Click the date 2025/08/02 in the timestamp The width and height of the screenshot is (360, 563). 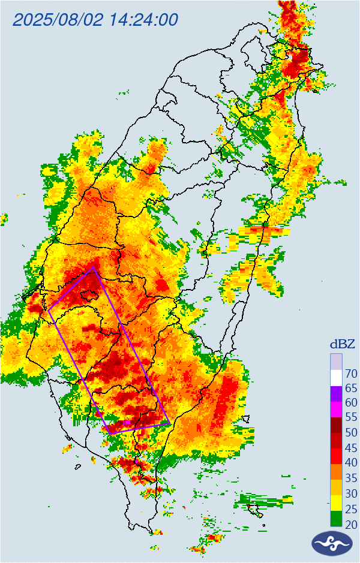coord(58,20)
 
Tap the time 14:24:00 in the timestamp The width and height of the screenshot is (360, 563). coord(144,20)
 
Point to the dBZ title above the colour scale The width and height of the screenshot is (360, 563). coord(342,344)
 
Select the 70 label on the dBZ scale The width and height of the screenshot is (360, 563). coord(351,374)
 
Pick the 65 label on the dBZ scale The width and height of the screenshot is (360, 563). coord(351,389)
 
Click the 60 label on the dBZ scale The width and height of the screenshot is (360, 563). coord(351,403)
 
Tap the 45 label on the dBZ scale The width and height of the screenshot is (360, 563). coord(351,448)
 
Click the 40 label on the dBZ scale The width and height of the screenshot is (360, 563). coord(351,463)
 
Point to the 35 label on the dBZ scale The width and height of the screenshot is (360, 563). coord(351,478)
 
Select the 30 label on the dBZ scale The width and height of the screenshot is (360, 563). coord(351,493)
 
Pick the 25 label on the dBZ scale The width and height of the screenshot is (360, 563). coord(351,509)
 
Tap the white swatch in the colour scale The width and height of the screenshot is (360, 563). coord(337,378)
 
